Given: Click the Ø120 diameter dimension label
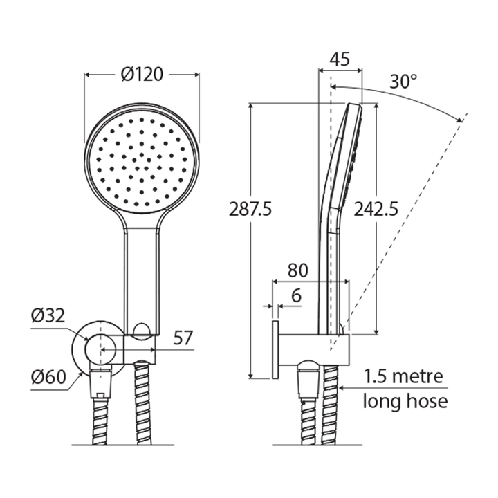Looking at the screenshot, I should click(x=142, y=74).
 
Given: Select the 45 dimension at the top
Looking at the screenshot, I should click(x=339, y=59).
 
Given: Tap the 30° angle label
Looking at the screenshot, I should click(x=403, y=81).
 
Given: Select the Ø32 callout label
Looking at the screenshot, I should click(x=48, y=316).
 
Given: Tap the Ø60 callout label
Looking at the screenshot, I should click(x=48, y=378).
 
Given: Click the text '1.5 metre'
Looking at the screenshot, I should click(x=405, y=378).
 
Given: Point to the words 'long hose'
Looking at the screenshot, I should click(x=405, y=401).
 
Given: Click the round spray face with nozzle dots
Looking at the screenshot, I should click(x=142, y=160).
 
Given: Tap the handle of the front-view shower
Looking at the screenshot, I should click(x=142, y=277).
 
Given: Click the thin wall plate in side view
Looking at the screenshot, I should click(x=275, y=349).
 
